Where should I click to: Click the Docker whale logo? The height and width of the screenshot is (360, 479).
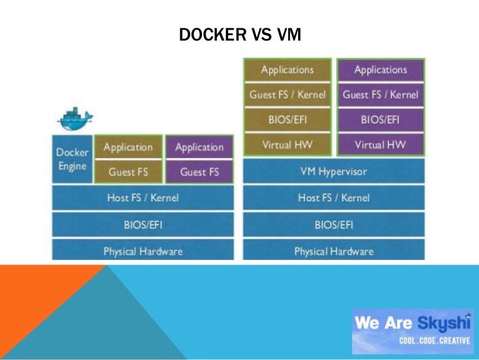(74, 118)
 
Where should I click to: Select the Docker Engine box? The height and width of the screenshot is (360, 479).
(71, 159)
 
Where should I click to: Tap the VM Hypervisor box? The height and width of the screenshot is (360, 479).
(333, 171)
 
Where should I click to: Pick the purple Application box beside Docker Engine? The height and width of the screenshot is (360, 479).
(199, 147)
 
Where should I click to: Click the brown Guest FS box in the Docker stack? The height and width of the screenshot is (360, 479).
(128, 172)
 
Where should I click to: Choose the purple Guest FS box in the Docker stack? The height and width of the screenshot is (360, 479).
(199, 172)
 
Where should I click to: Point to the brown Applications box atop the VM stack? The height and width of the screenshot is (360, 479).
(287, 70)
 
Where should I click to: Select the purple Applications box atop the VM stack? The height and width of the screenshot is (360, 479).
(380, 70)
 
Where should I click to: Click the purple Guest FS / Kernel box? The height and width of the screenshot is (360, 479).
(380, 95)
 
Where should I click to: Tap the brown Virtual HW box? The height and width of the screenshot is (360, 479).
(287, 144)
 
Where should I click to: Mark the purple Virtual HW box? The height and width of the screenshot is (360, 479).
(380, 144)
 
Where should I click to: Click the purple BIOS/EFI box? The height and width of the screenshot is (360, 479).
(380, 119)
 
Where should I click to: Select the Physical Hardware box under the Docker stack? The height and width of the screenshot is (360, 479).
(143, 251)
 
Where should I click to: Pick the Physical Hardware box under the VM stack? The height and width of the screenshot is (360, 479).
(333, 251)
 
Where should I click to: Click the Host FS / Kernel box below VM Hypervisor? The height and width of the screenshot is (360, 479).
(333, 198)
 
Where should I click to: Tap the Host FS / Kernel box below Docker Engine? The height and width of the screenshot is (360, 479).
(143, 198)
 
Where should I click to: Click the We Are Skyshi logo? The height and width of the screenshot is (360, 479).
(412, 324)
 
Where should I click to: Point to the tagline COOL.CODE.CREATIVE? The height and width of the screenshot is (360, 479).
(434, 340)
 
